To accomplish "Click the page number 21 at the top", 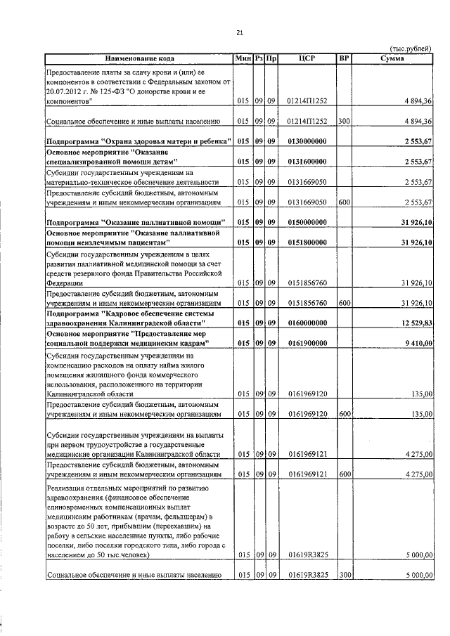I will click(x=239, y=32).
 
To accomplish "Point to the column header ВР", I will click(x=344, y=58).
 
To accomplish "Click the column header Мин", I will click(x=243, y=58).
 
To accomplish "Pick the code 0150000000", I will click(x=307, y=222).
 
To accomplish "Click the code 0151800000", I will click(x=307, y=242).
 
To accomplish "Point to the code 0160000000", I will click(x=307, y=323).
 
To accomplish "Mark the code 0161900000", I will click(x=307, y=343).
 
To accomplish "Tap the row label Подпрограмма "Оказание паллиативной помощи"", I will click(x=139, y=222).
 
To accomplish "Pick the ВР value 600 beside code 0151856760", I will click(x=344, y=303).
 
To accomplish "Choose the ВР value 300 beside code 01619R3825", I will click(x=344, y=576).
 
